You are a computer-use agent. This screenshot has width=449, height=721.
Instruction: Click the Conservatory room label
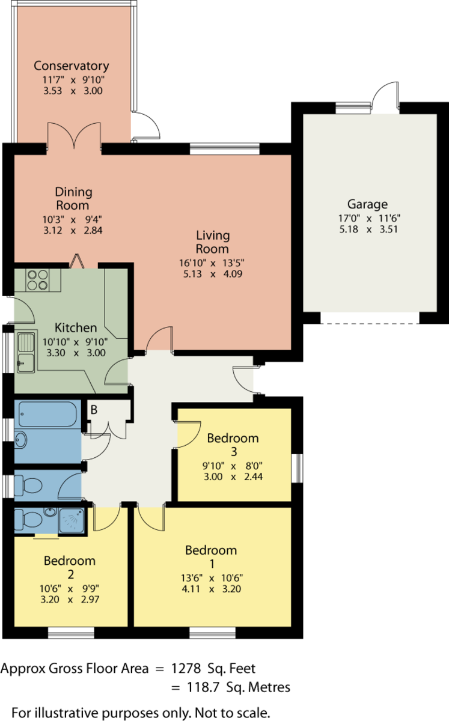pos(72,65)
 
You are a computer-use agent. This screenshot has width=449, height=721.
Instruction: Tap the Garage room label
pos(367,204)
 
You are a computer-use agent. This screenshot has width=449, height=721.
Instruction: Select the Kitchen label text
pos(76,327)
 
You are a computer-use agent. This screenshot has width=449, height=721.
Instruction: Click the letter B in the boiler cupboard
pos(94,410)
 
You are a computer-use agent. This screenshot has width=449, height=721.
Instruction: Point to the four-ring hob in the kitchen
pos(38,280)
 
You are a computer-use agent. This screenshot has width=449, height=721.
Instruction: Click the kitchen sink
pos(26,352)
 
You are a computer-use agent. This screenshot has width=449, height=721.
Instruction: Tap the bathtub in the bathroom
pos(47,414)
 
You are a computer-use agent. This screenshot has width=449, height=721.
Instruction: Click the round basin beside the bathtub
pos(21,440)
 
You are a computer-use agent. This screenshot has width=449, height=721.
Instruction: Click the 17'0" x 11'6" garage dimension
pos(369,218)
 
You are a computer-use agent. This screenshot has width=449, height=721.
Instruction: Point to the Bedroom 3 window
pos(298,468)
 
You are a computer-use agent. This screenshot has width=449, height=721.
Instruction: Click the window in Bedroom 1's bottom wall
pos(213,633)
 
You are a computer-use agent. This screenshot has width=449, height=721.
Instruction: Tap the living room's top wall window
pos(225,149)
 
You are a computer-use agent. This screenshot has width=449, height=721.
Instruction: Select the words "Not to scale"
pos(232,713)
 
